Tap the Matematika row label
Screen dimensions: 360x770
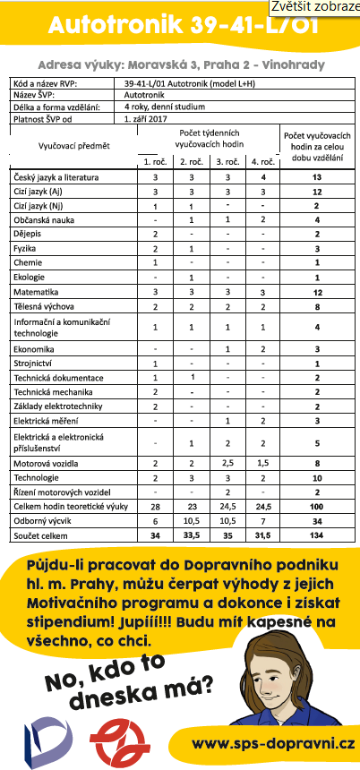(x=39, y=292)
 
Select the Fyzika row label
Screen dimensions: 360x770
(x=28, y=247)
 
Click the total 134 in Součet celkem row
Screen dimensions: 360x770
(x=317, y=535)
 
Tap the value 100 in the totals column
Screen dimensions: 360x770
(x=317, y=507)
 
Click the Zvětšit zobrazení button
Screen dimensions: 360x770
(x=316, y=7)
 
